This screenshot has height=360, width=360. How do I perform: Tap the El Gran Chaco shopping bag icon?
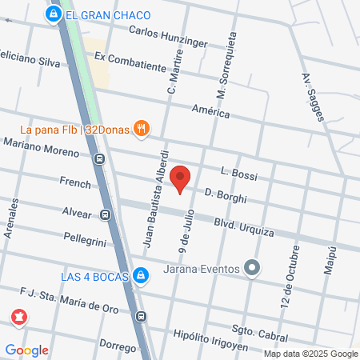53,14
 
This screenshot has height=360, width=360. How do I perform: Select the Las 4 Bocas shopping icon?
141,276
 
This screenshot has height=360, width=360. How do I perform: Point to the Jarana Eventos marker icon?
253,268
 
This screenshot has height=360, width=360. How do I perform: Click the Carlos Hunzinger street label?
168,37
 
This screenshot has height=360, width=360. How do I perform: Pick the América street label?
210,110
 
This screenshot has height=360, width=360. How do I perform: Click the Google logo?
27,350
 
